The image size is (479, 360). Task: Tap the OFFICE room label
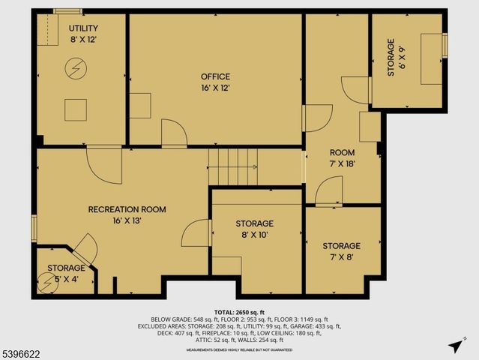[x=215, y=76]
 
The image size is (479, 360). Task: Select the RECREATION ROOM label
[x=127, y=209]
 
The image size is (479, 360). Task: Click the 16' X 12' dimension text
[x=215, y=88]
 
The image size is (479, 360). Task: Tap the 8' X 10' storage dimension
[x=254, y=235]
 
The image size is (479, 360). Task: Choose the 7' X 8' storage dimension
[x=341, y=257]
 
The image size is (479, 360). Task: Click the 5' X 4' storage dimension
[x=67, y=278]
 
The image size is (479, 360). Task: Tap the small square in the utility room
[x=76, y=109]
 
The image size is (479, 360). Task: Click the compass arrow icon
[x=454, y=345]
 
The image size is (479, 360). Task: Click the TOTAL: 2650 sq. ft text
[x=239, y=312]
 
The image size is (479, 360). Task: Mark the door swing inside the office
[x=174, y=133]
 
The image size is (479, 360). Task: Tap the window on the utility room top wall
[x=67, y=10]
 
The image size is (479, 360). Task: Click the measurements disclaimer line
[x=239, y=349]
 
